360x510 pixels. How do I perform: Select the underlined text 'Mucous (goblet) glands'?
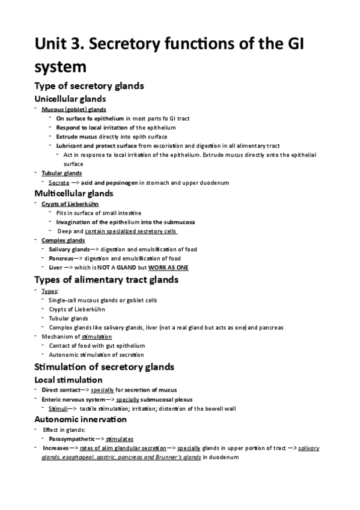coord(73,109)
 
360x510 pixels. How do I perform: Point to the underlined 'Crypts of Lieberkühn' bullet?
coord(70,204)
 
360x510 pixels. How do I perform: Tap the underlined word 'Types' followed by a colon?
coord(50,291)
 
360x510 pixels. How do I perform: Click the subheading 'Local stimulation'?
coord(68,379)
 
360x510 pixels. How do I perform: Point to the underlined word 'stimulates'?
coord(119,439)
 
